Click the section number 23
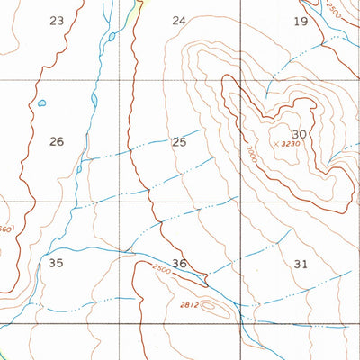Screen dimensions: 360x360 coord(58,20)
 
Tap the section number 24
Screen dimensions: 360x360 coord(179,20)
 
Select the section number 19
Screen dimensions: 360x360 coord(301,21)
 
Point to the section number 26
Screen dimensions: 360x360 coord(57,141)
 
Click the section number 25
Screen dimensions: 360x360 coord(179,142)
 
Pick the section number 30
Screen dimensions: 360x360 coord(300,134)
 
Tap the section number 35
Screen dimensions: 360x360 coord(57,263)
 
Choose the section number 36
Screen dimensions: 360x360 coord(180,264)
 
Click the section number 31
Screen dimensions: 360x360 coord(301,264)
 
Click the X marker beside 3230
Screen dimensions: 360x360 coord(275,144)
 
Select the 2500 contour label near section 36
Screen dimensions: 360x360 coord(160,269)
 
